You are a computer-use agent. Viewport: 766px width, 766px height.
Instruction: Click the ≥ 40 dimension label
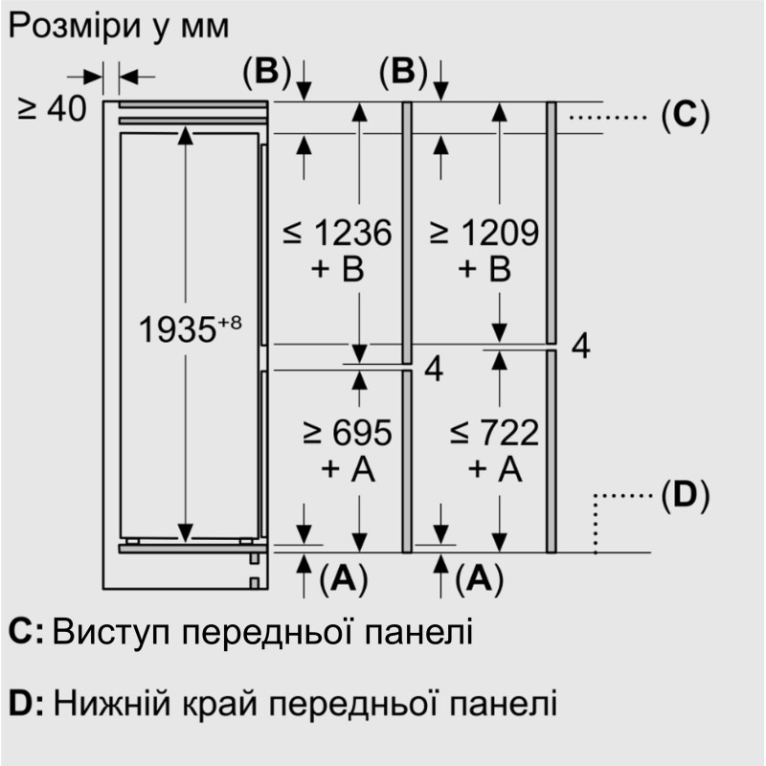52,109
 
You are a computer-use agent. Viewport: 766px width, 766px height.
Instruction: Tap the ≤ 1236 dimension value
338,234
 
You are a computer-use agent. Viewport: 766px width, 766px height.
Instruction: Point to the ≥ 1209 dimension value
484,234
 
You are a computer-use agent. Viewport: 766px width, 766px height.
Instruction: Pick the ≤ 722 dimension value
494,434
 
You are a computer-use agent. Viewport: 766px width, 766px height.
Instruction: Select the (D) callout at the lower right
685,496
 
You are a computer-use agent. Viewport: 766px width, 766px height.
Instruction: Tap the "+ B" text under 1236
338,271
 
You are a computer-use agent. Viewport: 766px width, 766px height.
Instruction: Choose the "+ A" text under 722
494,470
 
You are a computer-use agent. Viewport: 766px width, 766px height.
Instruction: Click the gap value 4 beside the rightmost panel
580,347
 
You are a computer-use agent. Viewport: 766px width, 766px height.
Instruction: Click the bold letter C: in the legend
26,632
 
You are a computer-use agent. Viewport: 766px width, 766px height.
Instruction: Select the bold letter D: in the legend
26,705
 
